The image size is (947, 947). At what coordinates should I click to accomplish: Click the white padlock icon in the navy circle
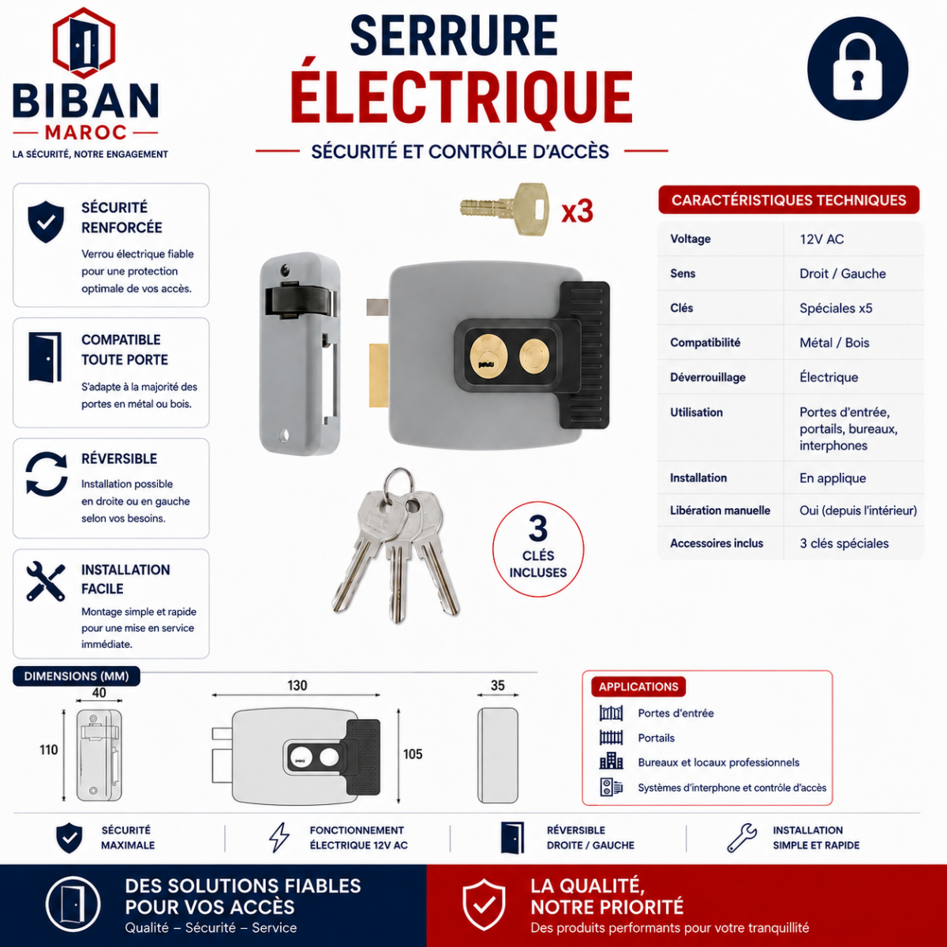857,69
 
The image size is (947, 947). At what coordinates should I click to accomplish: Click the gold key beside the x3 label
504,209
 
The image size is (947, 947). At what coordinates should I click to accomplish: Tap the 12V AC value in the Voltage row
822,239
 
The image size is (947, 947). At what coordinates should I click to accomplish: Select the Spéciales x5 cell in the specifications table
836,308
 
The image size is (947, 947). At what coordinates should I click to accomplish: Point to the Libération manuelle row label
720,510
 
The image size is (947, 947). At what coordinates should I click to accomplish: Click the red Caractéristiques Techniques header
788,200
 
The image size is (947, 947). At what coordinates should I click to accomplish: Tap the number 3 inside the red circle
538,528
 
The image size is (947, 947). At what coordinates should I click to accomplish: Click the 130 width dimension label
297,685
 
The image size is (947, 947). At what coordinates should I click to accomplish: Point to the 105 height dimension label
412,754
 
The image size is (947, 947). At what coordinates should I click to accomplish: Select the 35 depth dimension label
497,685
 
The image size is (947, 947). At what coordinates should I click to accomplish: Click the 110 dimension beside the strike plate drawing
49,750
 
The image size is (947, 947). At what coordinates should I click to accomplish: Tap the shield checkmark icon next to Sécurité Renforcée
46,222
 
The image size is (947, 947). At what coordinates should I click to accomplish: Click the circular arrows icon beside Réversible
47,474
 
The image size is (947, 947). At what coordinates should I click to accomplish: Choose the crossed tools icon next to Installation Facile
46,582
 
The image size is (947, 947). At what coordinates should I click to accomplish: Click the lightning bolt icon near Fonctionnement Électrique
279,837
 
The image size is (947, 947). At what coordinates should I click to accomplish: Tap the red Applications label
638,687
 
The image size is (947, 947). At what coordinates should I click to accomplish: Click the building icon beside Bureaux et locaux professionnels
611,762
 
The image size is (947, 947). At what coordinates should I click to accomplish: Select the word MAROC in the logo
86,133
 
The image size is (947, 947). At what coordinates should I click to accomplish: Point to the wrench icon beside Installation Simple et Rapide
742,837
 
